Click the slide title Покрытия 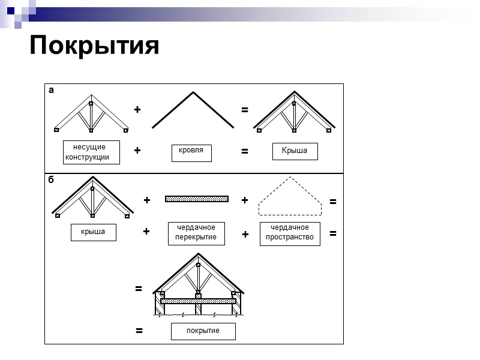point(94,46)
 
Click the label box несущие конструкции point(91,152)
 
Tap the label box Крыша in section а point(295,151)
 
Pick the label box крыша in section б point(93,232)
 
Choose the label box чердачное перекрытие point(196,233)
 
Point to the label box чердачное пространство point(290,233)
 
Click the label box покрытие point(203,331)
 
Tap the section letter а point(51,90)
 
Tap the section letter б point(51,179)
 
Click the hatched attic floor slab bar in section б point(197,199)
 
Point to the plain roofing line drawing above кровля point(193,110)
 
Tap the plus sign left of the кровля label point(137,151)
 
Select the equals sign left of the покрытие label point(139,330)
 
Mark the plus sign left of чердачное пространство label point(245,235)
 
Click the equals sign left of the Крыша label point(245,152)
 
